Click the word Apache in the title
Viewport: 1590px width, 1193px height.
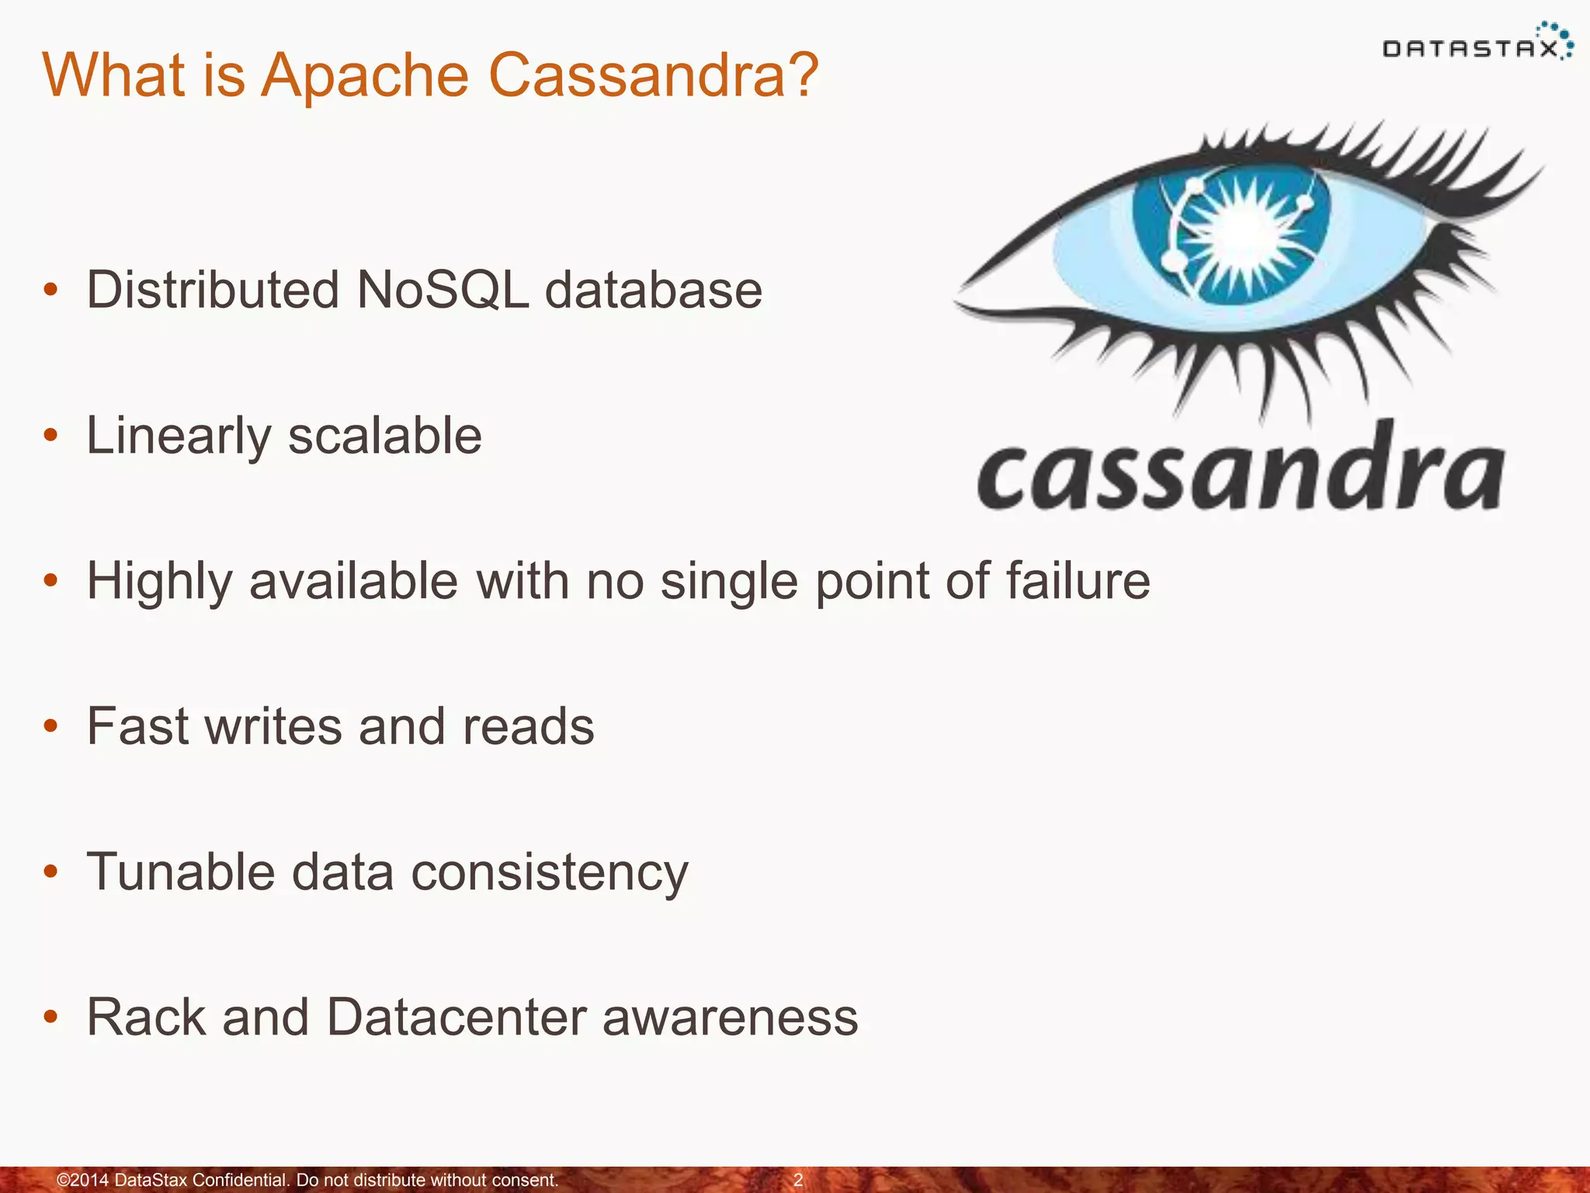pos(363,75)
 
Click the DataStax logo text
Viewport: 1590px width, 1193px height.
pos(1470,50)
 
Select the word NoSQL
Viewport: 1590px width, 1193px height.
pos(443,290)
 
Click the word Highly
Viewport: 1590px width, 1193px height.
pos(159,583)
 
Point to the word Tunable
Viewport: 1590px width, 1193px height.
pos(180,871)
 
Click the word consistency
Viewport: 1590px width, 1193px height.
pos(550,873)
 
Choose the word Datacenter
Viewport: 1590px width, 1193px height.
pos(456,1017)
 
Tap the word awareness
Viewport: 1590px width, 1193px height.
pos(731,1017)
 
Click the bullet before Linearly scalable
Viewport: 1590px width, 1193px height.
pos(51,436)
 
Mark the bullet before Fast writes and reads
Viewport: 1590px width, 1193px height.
pos(51,727)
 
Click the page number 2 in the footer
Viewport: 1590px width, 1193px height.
pos(797,1181)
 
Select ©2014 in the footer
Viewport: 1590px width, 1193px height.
pos(83,1181)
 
